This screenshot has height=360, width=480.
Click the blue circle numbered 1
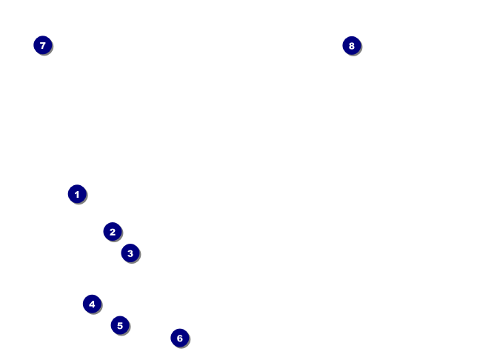tap(77, 194)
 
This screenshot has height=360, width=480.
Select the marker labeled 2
tap(112, 232)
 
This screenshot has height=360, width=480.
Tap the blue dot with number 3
tap(130, 253)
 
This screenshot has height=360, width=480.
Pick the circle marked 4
tap(92, 304)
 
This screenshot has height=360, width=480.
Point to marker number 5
tap(120, 325)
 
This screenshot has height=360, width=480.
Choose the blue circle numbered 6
tap(180, 338)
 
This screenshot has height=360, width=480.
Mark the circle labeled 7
tap(43, 45)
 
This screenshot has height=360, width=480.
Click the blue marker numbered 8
tap(352, 46)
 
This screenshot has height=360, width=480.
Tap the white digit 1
tap(77, 194)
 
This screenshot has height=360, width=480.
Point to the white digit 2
tap(112, 232)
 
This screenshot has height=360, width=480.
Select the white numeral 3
tap(130, 253)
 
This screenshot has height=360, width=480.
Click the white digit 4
tap(92, 304)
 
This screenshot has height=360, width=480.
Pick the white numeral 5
tap(120, 325)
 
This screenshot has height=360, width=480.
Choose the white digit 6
tap(180, 338)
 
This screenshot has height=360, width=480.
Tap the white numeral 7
tap(43, 45)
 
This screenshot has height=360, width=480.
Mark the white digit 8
tap(352, 46)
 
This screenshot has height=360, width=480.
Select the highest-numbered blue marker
tap(352, 46)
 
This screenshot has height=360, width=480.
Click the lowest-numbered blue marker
tap(77, 194)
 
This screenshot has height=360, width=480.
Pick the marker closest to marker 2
tap(130, 253)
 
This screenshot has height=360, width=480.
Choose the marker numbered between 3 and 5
tap(92, 304)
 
